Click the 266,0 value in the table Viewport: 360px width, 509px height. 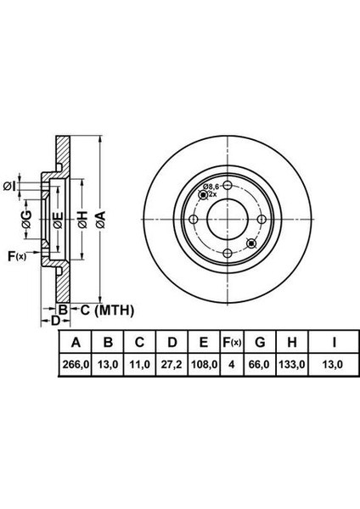[x=76, y=365]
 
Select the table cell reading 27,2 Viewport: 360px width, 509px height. [x=172, y=365]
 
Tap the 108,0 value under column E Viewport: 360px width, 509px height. [x=204, y=365]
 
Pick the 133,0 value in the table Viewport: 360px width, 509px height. [x=291, y=365]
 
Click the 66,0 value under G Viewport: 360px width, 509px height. [x=259, y=365]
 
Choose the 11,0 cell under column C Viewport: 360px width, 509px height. [x=140, y=365]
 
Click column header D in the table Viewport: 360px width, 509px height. [x=172, y=342]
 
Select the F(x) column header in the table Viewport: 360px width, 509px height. [x=232, y=342]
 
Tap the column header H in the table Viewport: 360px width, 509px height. [x=292, y=342]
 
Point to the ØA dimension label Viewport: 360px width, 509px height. [x=101, y=220]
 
